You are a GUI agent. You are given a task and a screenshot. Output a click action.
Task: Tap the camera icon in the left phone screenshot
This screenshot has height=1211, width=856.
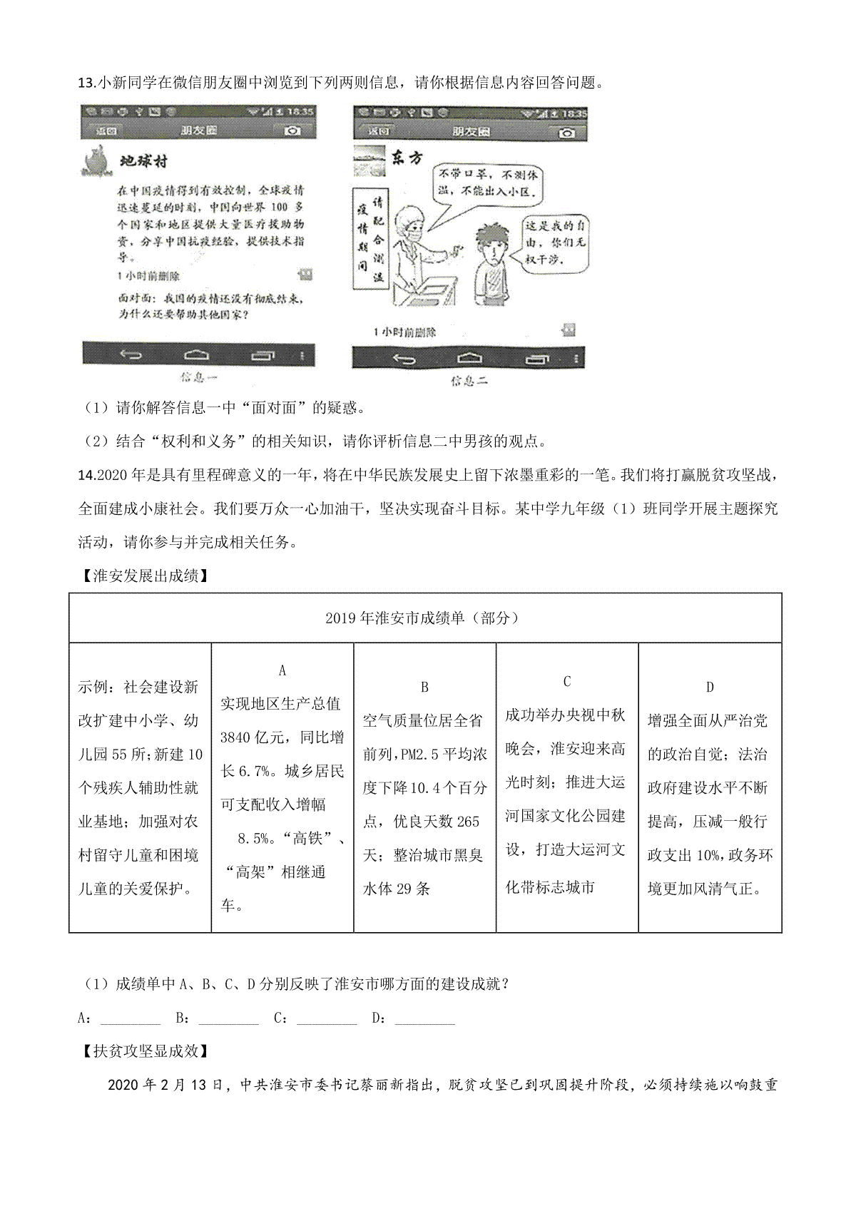click(x=292, y=131)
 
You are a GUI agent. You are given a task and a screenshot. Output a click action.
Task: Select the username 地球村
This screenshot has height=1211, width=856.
click(x=143, y=162)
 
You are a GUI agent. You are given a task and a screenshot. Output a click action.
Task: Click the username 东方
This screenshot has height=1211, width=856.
click(x=407, y=158)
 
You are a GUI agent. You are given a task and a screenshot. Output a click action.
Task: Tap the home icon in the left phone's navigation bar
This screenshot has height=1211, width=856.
click(x=198, y=354)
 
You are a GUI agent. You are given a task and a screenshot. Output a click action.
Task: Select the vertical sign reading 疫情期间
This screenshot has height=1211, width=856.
click(x=362, y=240)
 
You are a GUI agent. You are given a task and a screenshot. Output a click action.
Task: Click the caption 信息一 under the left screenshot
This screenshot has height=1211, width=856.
click(x=198, y=377)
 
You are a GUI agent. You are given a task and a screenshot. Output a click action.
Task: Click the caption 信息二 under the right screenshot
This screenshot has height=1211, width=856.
click(x=469, y=381)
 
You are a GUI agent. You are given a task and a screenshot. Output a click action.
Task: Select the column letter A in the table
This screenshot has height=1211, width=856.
click(x=282, y=670)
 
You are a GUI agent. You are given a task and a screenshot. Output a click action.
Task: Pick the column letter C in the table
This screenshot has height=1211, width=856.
click(x=567, y=681)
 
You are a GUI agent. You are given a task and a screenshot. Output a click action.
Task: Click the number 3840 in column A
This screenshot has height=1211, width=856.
click(x=235, y=737)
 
